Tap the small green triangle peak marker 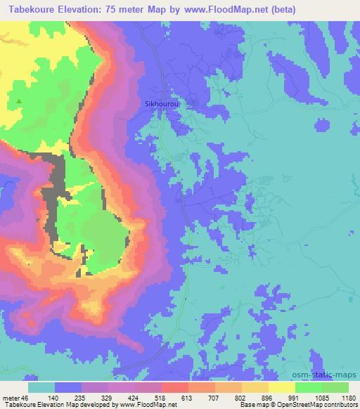pyautogui.click(x=19, y=103)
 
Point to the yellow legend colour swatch pyautogui.click(x=281, y=387)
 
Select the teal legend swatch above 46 pyautogui.click(x=41, y=387)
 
